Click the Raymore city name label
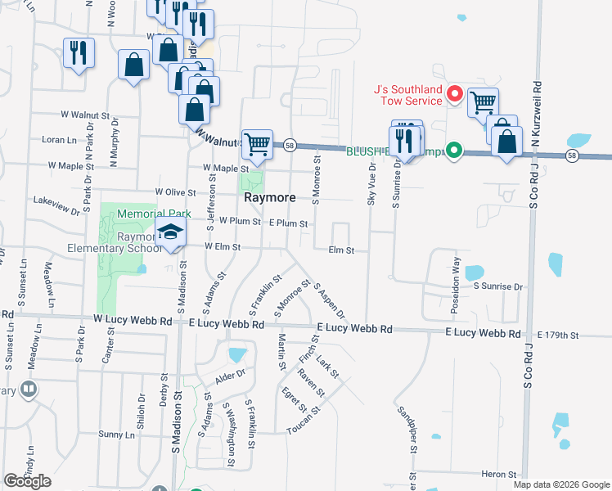tap(269, 198)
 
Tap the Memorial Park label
tap(153, 214)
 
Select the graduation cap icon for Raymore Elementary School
tap(170, 233)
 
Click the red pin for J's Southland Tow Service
tap(454, 96)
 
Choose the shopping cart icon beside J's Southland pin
tap(483, 102)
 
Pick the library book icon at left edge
tap(29, 389)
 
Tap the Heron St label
tap(499, 475)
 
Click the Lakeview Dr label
tap(56, 200)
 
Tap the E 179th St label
tap(558, 336)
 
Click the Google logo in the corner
tap(27, 481)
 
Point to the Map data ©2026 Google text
tap(561, 484)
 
